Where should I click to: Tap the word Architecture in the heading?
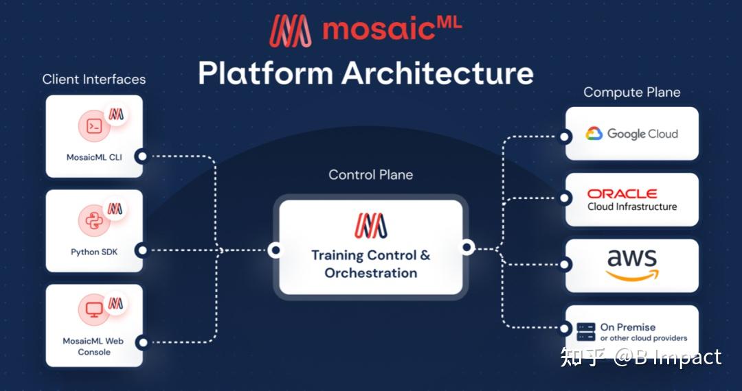click(x=438, y=73)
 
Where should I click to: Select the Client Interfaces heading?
click(x=94, y=79)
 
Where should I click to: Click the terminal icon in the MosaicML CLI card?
click(x=94, y=127)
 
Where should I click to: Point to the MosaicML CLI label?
click(x=94, y=157)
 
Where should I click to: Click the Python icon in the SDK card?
click(x=94, y=221)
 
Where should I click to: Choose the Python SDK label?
click(x=94, y=252)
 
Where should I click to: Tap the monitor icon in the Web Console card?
click(x=94, y=310)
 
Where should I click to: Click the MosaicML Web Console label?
click(x=93, y=346)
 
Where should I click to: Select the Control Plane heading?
click(x=371, y=175)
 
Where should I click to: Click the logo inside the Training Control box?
click(x=371, y=226)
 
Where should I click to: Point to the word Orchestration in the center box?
click(x=371, y=273)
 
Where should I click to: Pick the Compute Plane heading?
click(x=632, y=92)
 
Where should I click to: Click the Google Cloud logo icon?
click(x=594, y=134)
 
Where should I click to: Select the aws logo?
click(x=632, y=265)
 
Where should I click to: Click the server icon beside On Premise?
click(x=586, y=332)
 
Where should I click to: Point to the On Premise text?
click(x=628, y=327)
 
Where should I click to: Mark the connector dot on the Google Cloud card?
click(x=565, y=137)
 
